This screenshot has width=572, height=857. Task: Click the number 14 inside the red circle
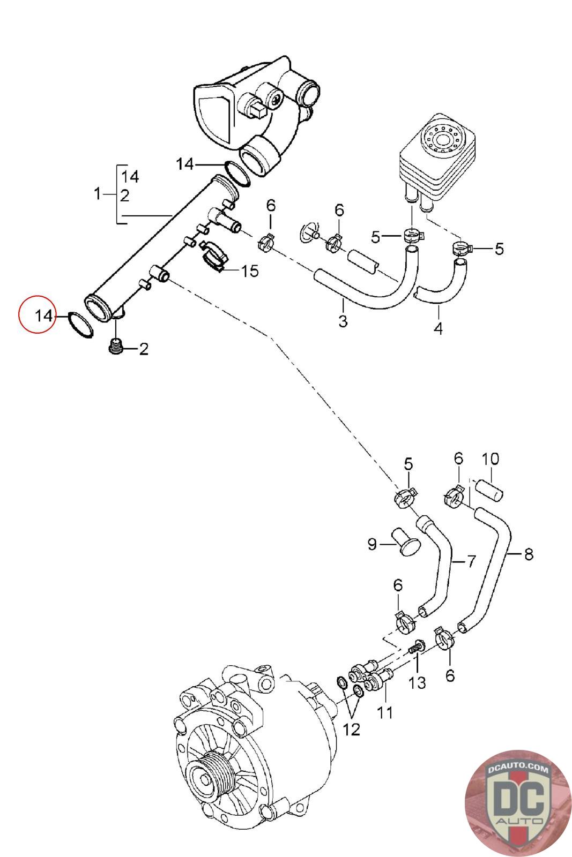point(43,315)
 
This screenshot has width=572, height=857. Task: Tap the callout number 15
point(250,271)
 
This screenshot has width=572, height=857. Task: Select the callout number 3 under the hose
point(343,321)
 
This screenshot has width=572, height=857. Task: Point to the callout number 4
point(439,328)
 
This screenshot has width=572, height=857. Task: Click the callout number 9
point(372,544)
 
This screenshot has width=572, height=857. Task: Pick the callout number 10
point(491,458)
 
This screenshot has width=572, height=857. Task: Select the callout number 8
point(529,554)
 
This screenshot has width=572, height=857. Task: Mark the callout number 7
point(471,561)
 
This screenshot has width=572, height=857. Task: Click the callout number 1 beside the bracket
point(98,193)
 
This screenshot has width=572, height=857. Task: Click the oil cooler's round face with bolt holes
point(443,138)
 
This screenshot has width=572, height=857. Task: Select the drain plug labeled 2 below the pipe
point(115,347)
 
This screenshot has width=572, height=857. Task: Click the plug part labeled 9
point(406,541)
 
